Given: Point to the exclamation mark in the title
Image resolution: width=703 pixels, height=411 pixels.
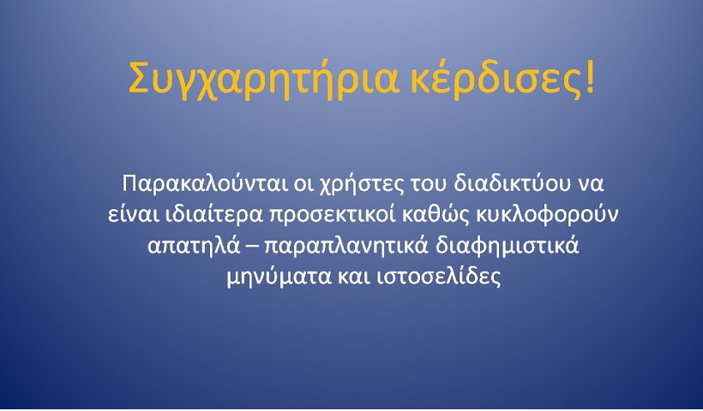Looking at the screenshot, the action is click(589, 77).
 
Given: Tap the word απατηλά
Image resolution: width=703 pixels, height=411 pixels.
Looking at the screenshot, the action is click(193, 247).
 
